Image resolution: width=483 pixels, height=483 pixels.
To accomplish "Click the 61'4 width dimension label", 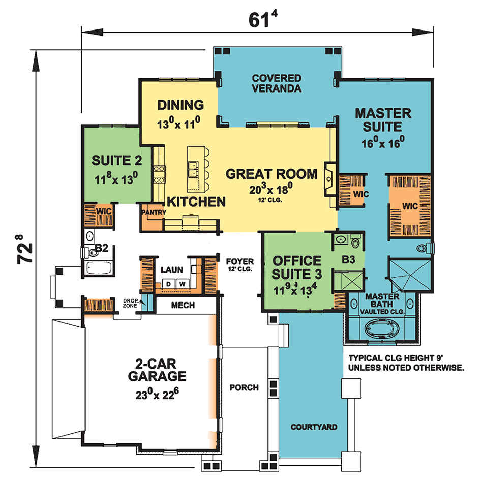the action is click(x=263, y=19).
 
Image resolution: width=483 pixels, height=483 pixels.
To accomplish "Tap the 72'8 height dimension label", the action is click(x=24, y=250).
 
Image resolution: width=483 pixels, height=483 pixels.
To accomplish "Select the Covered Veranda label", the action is click(x=277, y=83).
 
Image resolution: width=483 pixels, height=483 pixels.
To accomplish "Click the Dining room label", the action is click(x=180, y=105).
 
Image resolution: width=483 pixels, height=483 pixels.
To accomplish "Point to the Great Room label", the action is click(x=271, y=174).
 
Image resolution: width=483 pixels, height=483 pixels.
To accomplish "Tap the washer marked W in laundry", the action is click(x=183, y=284).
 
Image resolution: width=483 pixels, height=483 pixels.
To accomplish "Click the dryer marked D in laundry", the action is click(x=168, y=284).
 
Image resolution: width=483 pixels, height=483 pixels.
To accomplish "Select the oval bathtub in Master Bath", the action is click(x=382, y=329).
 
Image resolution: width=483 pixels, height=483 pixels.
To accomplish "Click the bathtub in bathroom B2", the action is click(x=99, y=267).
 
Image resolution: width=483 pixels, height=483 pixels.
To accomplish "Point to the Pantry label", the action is click(x=154, y=212).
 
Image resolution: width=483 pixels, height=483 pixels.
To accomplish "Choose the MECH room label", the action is click(x=183, y=305).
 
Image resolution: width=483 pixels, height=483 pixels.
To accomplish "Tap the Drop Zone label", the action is click(x=130, y=303).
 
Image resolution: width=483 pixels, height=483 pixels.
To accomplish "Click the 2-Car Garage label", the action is click(x=157, y=370).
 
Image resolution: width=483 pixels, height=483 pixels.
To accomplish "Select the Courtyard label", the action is click(x=314, y=427).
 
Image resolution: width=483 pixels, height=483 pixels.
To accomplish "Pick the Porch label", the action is click(x=244, y=387).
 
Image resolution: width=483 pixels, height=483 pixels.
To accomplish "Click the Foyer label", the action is click(x=240, y=261).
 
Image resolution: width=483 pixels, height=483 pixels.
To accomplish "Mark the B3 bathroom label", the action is click(x=348, y=260).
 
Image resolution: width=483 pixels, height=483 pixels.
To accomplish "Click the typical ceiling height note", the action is click(x=406, y=363).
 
